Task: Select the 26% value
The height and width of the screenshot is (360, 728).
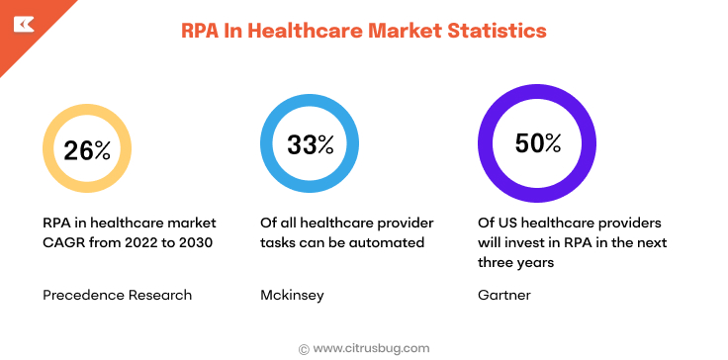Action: tap(87, 150)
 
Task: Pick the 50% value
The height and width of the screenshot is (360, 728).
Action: tap(537, 143)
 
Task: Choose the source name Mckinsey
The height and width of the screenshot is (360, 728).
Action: tap(293, 294)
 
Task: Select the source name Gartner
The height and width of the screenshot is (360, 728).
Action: tap(504, 294)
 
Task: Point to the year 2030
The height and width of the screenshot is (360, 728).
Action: tap(197, 243)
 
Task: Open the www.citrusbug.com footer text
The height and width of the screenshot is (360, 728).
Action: tap(371, 347)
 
